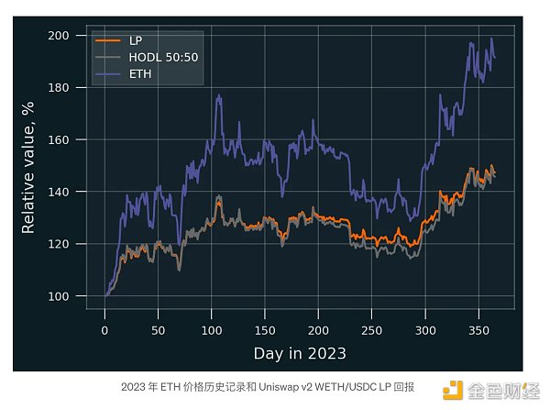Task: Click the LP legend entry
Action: (136, 41)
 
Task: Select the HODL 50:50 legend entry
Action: (160, 58)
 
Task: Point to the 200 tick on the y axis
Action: (60, 35)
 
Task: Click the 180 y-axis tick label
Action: (60, 87)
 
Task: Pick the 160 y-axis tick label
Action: (60, 139)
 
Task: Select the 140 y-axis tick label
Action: (60, 192)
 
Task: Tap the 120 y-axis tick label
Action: (60, 244)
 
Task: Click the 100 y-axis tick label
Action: (60, 296)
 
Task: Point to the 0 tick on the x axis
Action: (105, 328)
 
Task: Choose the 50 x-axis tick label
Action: (159, 328)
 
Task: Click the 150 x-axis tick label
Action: (265, 328)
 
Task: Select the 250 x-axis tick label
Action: (371, 328)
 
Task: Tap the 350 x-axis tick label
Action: (478, 328)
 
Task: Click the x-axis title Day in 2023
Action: (300, 352)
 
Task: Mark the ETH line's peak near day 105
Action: (218, 95)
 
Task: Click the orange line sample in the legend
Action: (108, 41)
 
